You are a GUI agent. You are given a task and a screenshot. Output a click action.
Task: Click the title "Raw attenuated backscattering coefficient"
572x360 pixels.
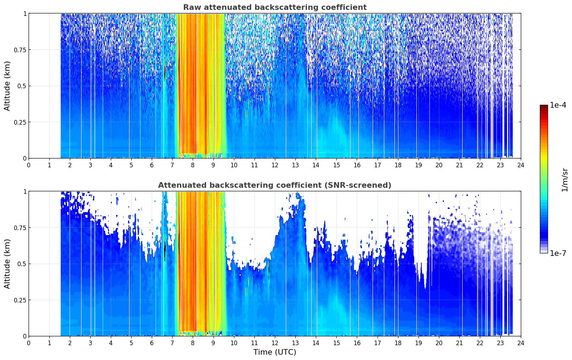point(275,7)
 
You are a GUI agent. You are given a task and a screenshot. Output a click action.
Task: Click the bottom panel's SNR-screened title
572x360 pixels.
point(275,185)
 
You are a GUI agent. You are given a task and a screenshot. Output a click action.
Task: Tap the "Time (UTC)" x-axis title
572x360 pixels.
point(275,352)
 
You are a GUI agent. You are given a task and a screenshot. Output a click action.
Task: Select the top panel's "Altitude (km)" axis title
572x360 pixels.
point(7,86)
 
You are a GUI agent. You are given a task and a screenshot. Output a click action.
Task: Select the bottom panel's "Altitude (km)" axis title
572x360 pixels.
point(7,264)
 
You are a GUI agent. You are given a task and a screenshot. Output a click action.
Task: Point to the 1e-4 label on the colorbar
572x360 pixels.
point(558,105)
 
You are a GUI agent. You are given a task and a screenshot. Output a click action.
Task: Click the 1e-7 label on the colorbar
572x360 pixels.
point(558,253)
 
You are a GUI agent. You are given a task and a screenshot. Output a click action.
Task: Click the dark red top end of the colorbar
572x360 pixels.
point(544,107)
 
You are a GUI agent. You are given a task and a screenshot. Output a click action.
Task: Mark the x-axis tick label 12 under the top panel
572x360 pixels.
point(275,165)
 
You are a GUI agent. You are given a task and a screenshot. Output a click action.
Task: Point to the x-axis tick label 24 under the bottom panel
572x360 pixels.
point(521,343)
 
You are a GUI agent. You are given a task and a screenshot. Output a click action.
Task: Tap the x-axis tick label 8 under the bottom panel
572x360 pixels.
point(193,343)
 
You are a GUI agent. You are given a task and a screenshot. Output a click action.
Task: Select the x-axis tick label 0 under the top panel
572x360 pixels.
point(29,165)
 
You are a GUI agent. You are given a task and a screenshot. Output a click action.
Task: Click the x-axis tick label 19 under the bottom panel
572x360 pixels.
point(418,343)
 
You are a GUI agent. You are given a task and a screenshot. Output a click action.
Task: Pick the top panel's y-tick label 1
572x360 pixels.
point(25,14)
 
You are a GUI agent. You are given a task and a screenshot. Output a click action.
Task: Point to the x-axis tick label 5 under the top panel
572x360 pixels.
point(131,165)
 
